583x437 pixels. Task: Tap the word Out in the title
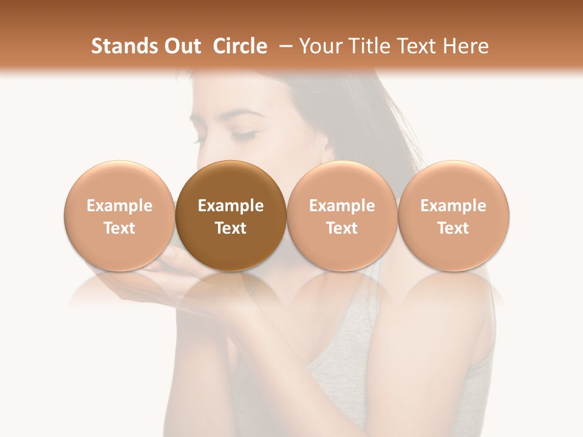point(181,46)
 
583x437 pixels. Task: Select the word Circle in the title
point(240,46)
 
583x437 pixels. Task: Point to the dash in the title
point(282,47)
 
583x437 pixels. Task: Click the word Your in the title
point(319,46)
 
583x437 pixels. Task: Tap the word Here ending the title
point(468,46)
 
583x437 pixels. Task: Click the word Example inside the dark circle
point(231,206)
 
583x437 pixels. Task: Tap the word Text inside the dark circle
point(231,228)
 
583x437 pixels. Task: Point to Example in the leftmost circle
point(119,206)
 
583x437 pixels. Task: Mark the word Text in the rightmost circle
point(453,228)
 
